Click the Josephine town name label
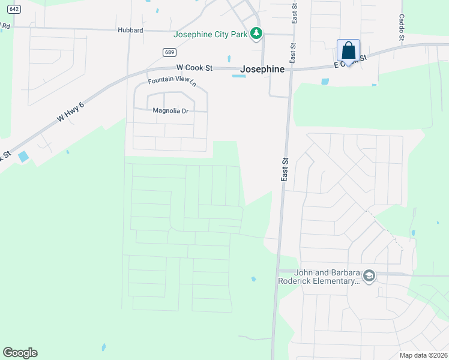coord(262,70)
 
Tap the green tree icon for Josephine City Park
coord(256,34)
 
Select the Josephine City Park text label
coord(211,34)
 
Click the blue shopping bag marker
coord(348,50)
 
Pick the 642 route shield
coord(15,8)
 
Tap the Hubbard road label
coord(130,30)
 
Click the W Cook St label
coord(194,68)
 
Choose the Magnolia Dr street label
coord(170,110)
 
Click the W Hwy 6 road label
coord(71,112)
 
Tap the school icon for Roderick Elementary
coord(369,276)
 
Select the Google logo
coord(20,353)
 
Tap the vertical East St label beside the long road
coord(285,170)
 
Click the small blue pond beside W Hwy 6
coord(23,157)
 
